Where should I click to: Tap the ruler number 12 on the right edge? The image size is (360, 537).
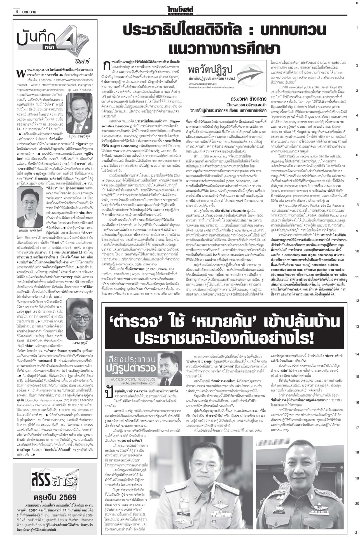click(x=357, y=301)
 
